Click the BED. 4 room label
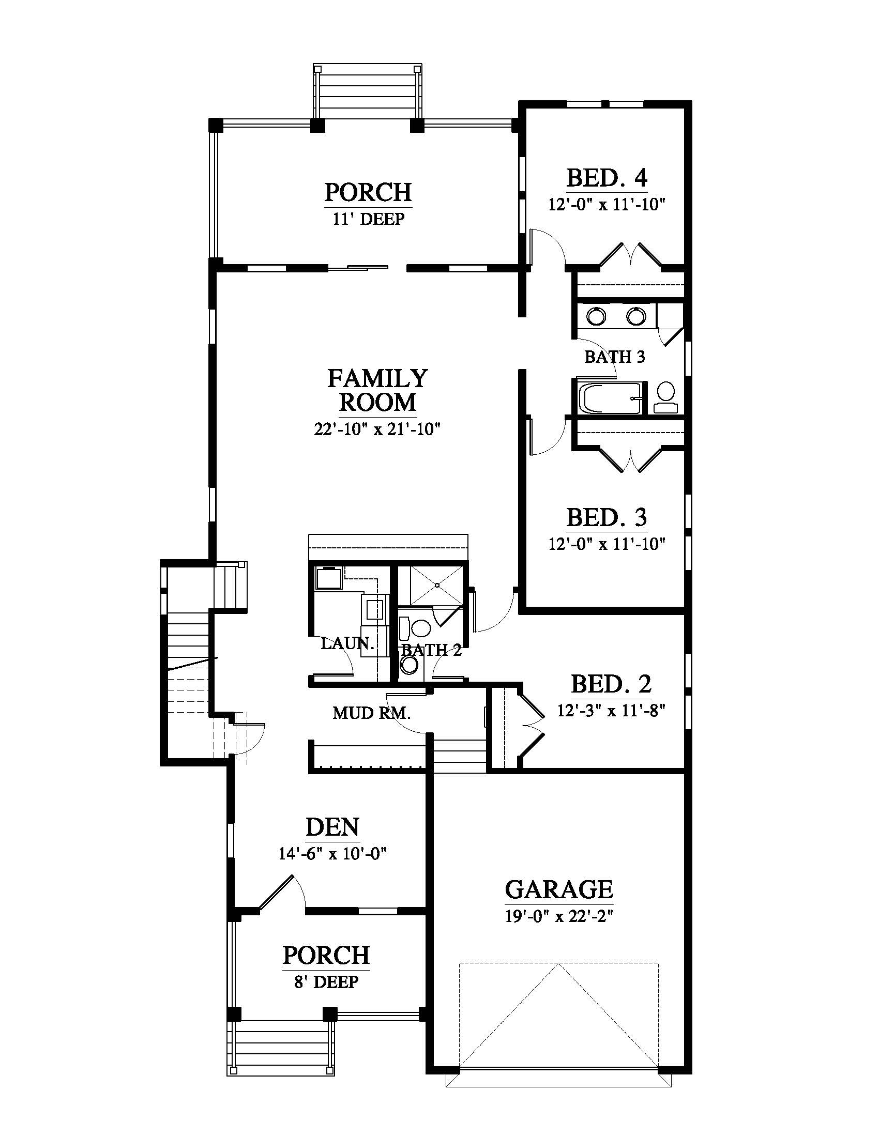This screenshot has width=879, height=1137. [607, 178]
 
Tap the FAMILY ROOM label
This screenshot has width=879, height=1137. [377, 390]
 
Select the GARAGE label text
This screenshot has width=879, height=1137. [559, 890]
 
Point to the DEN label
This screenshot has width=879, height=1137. [332, 827]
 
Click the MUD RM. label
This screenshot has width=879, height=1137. [371, 713]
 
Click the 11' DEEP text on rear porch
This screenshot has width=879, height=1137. [369, 219]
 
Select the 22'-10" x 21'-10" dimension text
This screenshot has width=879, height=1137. [377, 429]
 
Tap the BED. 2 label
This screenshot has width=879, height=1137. [611, 684]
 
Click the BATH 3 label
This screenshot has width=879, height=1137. [614, 357]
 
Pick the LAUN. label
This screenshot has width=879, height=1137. [347, 643]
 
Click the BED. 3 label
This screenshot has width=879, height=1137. [607, 517]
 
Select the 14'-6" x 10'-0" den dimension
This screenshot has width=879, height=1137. [332, 854]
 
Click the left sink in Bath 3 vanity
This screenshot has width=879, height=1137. [596, 315]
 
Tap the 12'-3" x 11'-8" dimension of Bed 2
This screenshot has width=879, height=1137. [611, 710]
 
